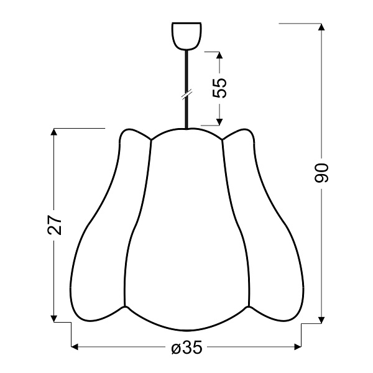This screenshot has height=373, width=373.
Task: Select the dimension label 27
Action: pyautogui.click(x=55, y=225)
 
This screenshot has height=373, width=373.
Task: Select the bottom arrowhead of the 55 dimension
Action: pyautogui.click(x=219, y=122)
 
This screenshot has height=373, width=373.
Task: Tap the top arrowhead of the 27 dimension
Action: pyautogui.click(x=55, y=132)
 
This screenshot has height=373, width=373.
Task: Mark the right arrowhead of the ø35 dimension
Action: pyautogui.click(x=296, y=346)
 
